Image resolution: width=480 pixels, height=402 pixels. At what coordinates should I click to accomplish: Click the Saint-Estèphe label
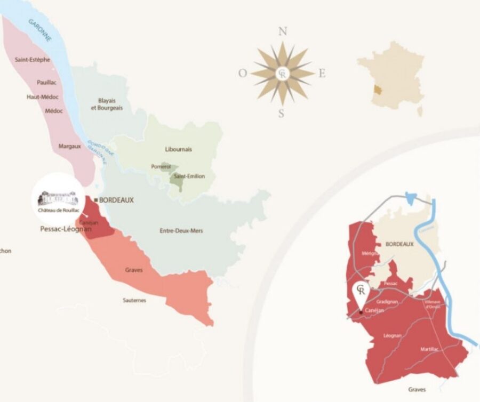33,60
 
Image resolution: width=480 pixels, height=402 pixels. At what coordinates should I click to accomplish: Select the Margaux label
69,146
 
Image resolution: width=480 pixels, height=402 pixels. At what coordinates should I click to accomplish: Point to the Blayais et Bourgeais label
107,103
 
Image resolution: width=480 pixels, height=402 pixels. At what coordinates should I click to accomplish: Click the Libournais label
179,149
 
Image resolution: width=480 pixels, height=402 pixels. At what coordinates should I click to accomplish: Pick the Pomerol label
161,166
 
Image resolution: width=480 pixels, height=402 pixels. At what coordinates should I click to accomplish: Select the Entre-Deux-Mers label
181,231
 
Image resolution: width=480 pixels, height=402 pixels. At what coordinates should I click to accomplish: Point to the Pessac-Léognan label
66,229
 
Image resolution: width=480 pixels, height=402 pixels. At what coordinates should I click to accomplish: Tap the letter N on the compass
283,31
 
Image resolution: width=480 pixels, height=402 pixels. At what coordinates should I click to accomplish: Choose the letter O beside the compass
243,74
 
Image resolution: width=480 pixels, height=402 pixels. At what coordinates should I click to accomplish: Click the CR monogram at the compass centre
283,74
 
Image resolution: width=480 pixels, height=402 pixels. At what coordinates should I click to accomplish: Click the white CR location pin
361,292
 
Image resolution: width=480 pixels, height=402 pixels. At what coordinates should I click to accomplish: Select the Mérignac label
368,254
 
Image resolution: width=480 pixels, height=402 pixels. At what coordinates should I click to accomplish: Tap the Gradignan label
387,302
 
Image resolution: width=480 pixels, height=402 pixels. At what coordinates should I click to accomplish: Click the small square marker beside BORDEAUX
95,200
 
